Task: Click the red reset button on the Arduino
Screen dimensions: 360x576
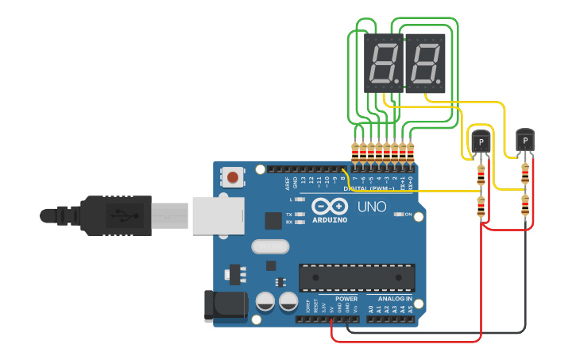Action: pyautogui.click(x=233, y=176)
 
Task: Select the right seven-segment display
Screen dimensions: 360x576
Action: pyautogui.click(x=425, y=64)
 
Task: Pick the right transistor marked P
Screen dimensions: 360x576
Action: pyautogui.click(x=525, y=141)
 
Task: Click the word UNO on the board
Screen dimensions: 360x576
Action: pyautogui.click(x=372, y=207)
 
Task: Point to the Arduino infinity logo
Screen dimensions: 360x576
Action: pyautogui.click(x=329, y=205)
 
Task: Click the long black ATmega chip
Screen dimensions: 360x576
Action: pyautogui.click(x=357, y=277)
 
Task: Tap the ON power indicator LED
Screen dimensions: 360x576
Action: pyautogui.click(x=396, y=215)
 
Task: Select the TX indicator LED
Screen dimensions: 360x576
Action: pyautogui.click(x=300, y=215)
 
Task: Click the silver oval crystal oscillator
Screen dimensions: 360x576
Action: pyautogui.click(x=269, y=247)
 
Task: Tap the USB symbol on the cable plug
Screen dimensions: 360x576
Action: pyautogui.click(x=116, y=215)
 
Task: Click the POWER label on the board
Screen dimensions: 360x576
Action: pyautogui.click(x=346, y=299)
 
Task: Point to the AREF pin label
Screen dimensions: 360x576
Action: pyautogui.click(x=288, y=184)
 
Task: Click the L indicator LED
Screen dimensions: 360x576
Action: pyautogui.click(x=300, y=199)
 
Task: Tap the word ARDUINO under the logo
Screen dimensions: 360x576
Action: pyautogui.click(x=329, y=219)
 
